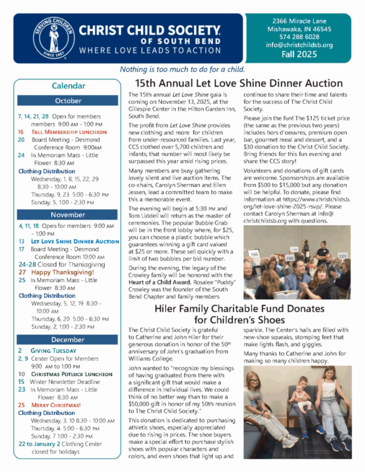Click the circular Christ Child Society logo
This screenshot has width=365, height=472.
click(x=53, y=38)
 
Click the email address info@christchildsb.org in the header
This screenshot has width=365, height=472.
click(x=299, y=44)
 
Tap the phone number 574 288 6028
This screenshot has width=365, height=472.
click(x=299, y=36)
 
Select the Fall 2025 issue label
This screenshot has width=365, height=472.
click(x=299, y=54)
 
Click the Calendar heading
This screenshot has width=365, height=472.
click(x=69, y=86)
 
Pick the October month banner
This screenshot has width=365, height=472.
click(x=69, y=100)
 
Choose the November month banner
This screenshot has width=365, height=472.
click(x=69, y=214)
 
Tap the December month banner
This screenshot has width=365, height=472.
click(x=69, y=340)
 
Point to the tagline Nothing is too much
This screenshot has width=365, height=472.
click(x=182, y=70)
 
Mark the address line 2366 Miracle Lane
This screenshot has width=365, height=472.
click(x=299, y=21)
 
